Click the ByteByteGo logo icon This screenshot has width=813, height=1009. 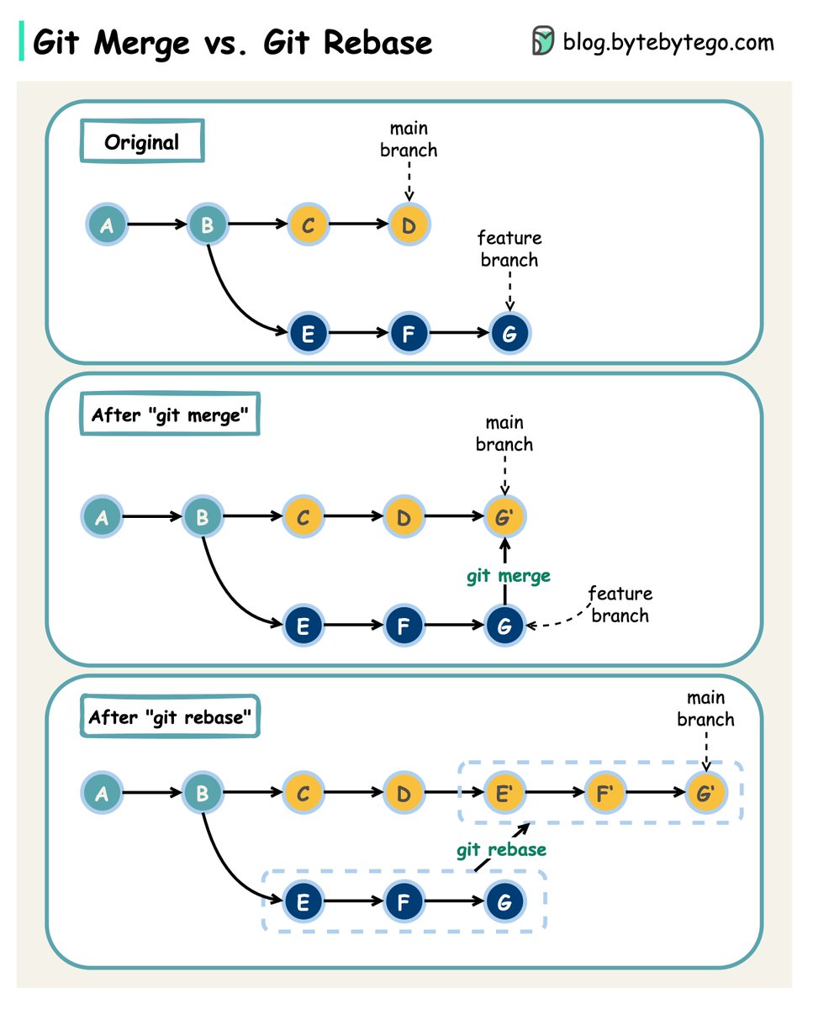click(542, 40)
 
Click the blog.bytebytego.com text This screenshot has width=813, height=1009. click(668, 43)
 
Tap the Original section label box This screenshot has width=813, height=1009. click(142, 140)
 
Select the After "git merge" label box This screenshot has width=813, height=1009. click(170, 414)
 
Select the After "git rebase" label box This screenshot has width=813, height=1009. click(170, 716)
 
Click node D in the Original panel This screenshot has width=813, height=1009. click(409, 225)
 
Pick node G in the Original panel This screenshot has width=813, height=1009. click(509, 333)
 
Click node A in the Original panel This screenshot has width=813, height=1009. click(107, 225)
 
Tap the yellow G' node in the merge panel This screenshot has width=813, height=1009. click(504, 516)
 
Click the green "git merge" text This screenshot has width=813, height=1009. click(509, 576)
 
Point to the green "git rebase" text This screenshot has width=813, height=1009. click(501, 850)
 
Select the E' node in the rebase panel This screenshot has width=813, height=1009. click(504, 792)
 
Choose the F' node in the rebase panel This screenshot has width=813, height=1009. click(605, 792)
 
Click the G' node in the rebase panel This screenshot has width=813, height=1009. click(706, 792)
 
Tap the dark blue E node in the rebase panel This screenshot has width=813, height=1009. click(304, 901)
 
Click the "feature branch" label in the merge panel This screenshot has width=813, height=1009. click(620, 605)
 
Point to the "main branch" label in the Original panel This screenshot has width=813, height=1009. click(409, 140)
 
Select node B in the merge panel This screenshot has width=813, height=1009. click(203, 516)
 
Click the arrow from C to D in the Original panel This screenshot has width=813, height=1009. click(359, 225)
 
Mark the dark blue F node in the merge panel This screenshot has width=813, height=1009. click(404, 625)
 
